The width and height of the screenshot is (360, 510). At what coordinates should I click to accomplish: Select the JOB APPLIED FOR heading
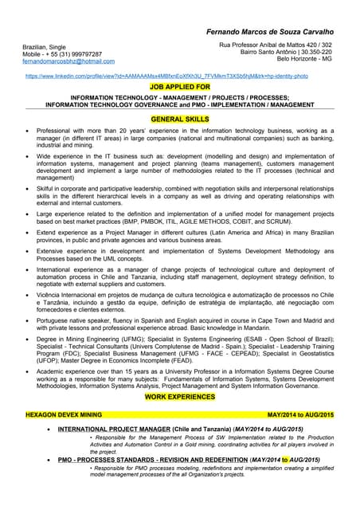click(180, 85)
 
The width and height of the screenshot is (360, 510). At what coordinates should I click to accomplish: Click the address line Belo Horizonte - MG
click(305, 60)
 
